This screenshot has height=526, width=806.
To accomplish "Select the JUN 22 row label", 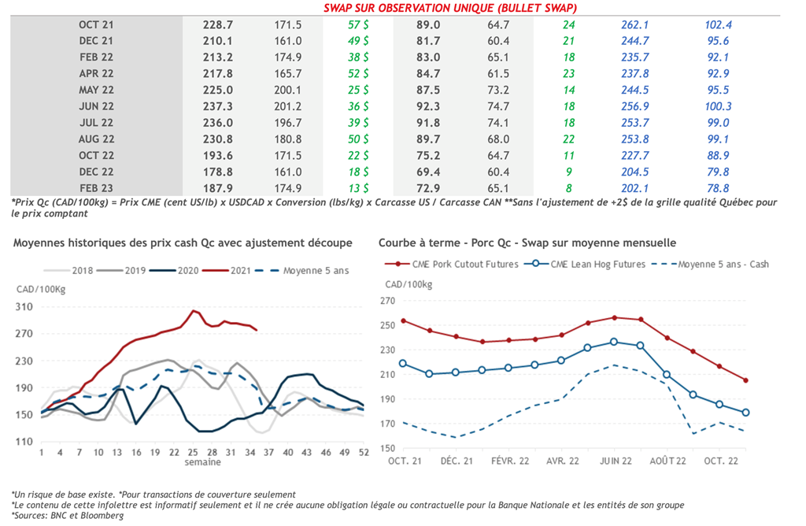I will coord(96,106).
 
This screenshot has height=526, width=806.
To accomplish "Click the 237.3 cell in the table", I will coord(208,106).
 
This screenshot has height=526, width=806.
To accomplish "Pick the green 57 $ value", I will coord(359,24).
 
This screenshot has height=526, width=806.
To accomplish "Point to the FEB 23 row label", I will coord(96,188).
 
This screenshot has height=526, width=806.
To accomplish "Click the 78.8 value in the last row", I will coord(719,188).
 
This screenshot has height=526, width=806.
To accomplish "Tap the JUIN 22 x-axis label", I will coord(616,461).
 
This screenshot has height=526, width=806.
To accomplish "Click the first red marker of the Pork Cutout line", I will coord(403,320).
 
